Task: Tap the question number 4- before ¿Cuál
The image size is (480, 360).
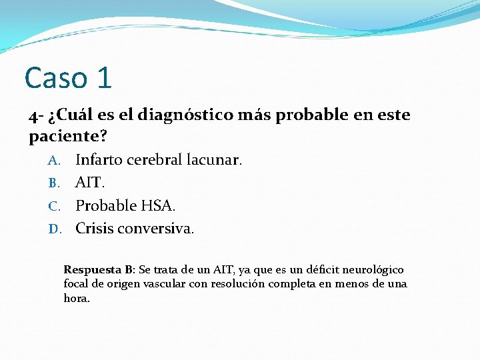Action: pos(37,116)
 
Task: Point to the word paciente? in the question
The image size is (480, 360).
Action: pos(68,137)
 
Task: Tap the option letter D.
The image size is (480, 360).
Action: pos(55,229)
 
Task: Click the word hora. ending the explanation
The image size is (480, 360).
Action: pos(77,298)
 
